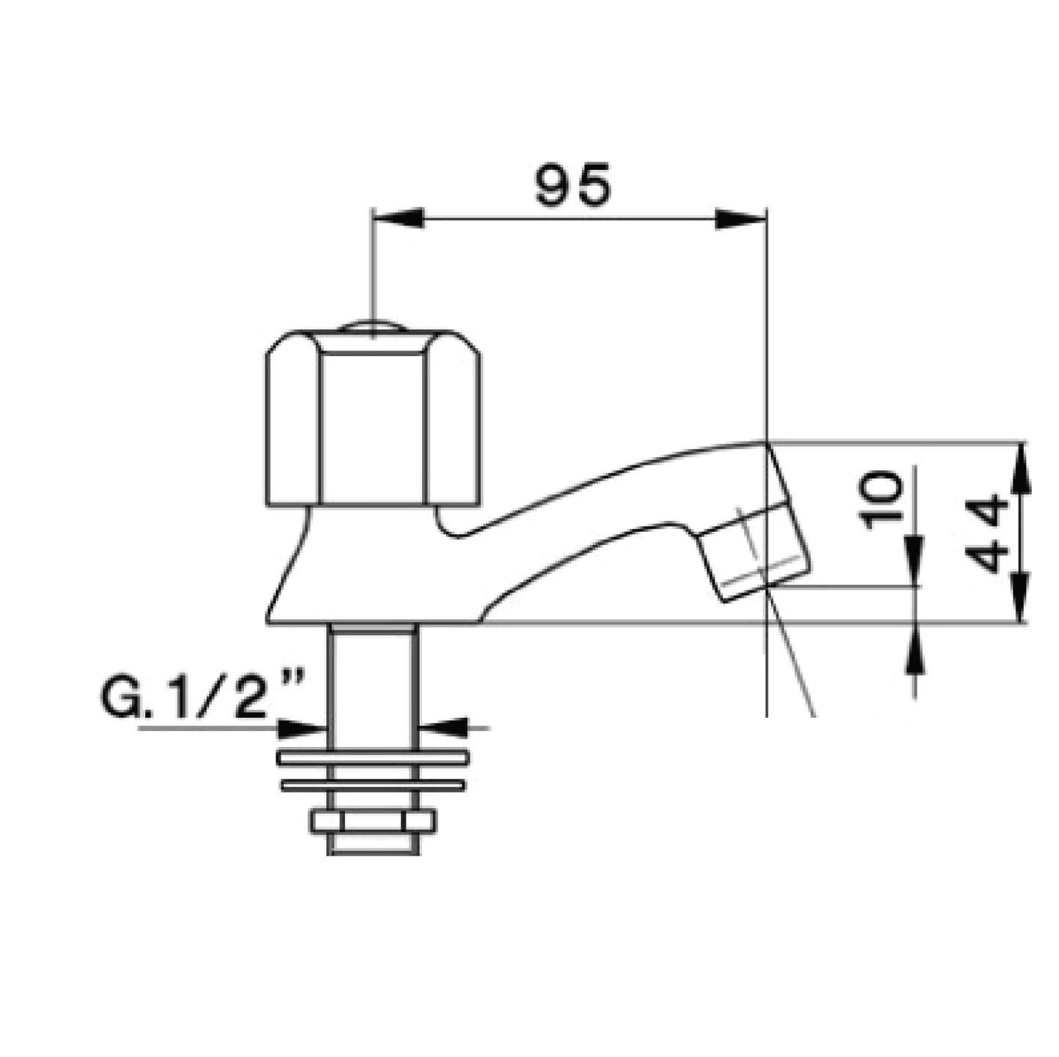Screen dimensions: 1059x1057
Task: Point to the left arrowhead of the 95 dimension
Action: click(398, 218)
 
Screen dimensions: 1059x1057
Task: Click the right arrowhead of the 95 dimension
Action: click(741, 218)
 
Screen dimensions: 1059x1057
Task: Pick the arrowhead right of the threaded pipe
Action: click(443, 728)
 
